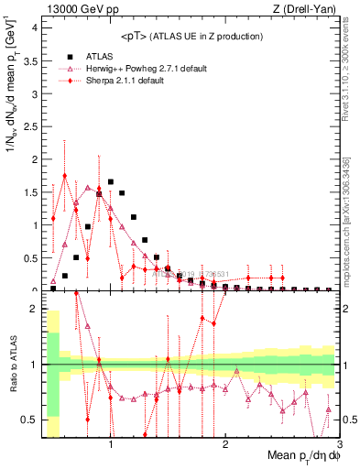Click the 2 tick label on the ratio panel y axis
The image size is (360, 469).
33,309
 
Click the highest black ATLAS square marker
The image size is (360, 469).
111,181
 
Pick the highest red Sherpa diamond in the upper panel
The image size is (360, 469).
64,176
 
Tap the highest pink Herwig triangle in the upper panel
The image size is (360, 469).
88,188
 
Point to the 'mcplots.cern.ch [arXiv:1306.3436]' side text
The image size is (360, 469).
350,220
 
